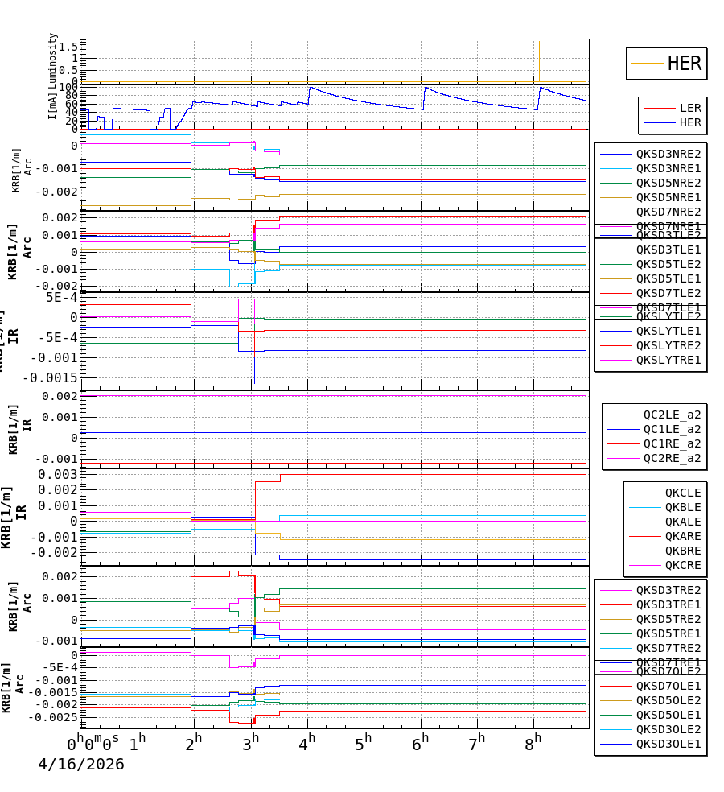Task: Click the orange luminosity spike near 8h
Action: pyautogui.click(x=539, y=60)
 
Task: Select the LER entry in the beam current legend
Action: pyautogui.click(x=690, y=108)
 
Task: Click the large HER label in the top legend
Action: pyautogui.click(x=685, y=64)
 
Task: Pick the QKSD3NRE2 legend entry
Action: pyautogui.click(x=668, y=154)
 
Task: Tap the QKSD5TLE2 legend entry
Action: pyautogui.click(x=668, y=264)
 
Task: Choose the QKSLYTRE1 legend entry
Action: pyautogui.click(x=668, y=360)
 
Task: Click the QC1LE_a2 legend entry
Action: pyautogui.click(x=672, y=429)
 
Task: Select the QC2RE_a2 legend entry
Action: pyautogui.click(x=672, y=458)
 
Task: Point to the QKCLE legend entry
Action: pyautogui.click(x=682, y=493)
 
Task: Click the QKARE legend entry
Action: pyautogui.click(x=682, y=536)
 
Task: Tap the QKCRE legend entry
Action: pyautogui.click(x=682, y=565)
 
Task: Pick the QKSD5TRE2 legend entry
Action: pyautogui.click(x=668, y=619)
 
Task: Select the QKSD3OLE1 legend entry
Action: pyautogui.click(x=668, y=744)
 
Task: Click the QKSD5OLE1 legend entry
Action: pyautogui.click(x=668, y=715)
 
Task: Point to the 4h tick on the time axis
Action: pyautogui.click(x=307, y=741)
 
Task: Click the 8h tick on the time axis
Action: pyautogui.click(x=535, y=741)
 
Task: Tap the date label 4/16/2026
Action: pyautogui.click(x=81, y=765)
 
